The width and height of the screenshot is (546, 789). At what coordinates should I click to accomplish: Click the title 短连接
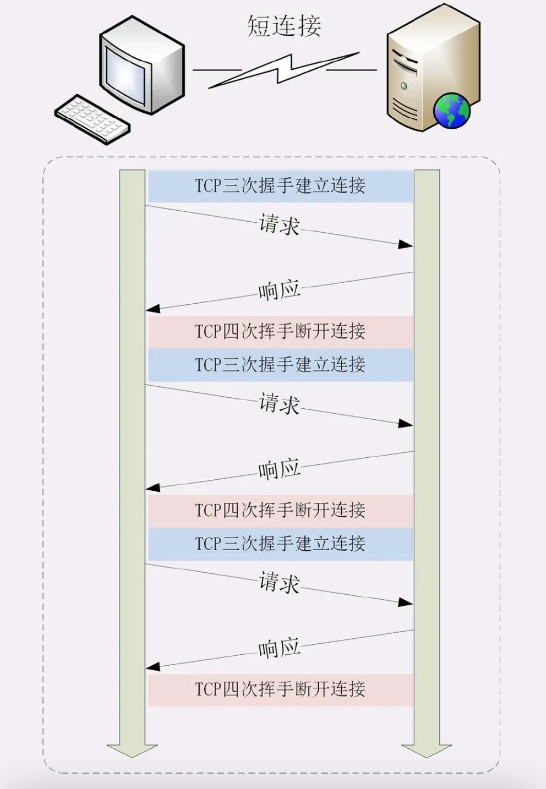(284, 26)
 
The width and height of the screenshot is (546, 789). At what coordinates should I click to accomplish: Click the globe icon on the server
(452, 111)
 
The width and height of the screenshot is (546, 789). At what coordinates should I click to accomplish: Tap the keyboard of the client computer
(92, 119)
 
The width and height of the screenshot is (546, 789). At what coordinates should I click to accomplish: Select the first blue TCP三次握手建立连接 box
(280, 186)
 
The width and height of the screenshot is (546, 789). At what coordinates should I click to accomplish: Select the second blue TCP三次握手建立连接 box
(280, 365)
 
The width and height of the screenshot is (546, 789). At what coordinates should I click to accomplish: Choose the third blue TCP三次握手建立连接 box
(280, 544)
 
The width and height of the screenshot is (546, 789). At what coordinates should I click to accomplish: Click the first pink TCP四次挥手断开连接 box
(280, 331)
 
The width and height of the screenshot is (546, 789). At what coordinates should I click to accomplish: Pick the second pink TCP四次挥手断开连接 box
(280, 510)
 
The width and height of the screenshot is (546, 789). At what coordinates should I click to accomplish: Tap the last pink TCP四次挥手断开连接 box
(280, 689)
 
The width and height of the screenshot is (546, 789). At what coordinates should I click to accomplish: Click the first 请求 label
(279, 224)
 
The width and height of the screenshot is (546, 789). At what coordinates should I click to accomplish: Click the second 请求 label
(279, 403)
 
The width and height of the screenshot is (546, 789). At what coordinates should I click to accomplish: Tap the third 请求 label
(279, 582)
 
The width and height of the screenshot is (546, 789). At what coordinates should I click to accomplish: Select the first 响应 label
(279, 290)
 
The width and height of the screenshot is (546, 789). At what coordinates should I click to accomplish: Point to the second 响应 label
(279, 469)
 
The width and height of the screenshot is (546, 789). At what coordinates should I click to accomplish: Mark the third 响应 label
(279, 648)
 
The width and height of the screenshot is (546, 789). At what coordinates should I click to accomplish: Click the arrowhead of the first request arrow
(406, 244)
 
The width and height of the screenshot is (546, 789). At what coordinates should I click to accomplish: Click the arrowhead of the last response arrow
(152, 667)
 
